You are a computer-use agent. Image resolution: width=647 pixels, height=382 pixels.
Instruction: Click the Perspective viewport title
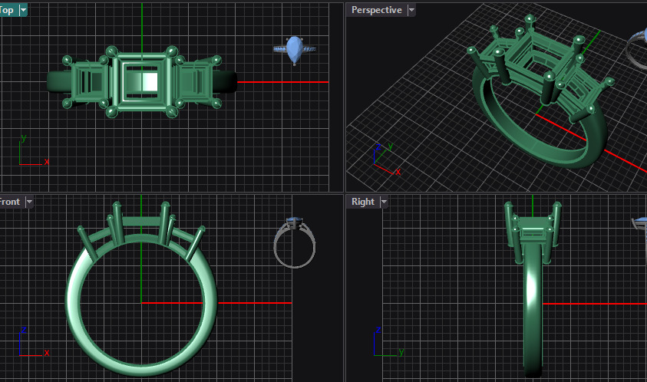click(376, 10)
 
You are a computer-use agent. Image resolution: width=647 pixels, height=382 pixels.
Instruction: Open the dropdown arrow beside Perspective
click(411, 10)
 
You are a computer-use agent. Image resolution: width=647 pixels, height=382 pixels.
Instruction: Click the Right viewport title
click(362, 202)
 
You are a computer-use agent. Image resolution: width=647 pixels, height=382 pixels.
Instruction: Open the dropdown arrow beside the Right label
click(384, 202)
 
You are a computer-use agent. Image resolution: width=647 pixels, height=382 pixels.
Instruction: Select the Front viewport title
click(9, 202)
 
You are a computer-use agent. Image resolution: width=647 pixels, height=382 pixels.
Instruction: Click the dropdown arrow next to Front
click(29, 202)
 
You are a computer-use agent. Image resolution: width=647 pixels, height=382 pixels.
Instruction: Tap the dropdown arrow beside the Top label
click(23, 10)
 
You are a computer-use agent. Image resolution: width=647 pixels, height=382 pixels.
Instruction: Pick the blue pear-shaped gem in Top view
click(294, 48)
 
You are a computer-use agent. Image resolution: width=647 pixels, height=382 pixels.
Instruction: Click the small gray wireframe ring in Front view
click(295, 243)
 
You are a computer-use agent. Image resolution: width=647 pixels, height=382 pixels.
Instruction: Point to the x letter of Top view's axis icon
click(47, 162)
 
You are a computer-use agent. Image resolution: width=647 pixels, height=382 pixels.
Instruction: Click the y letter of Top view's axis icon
click(24, 138)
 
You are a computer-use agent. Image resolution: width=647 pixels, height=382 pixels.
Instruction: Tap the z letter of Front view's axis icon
click(24, 330)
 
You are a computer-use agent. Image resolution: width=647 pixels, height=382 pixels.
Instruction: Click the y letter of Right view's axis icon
click(401, 352)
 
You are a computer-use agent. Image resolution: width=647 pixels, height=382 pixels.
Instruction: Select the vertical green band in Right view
click(533, 307)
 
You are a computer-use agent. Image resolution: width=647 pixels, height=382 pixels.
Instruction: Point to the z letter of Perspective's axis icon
click(378, 146)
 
